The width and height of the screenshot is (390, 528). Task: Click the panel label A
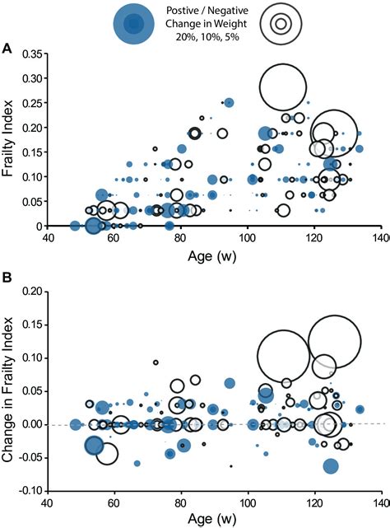point(7,49)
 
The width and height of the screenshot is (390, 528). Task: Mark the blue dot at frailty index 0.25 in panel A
point(230,103)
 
